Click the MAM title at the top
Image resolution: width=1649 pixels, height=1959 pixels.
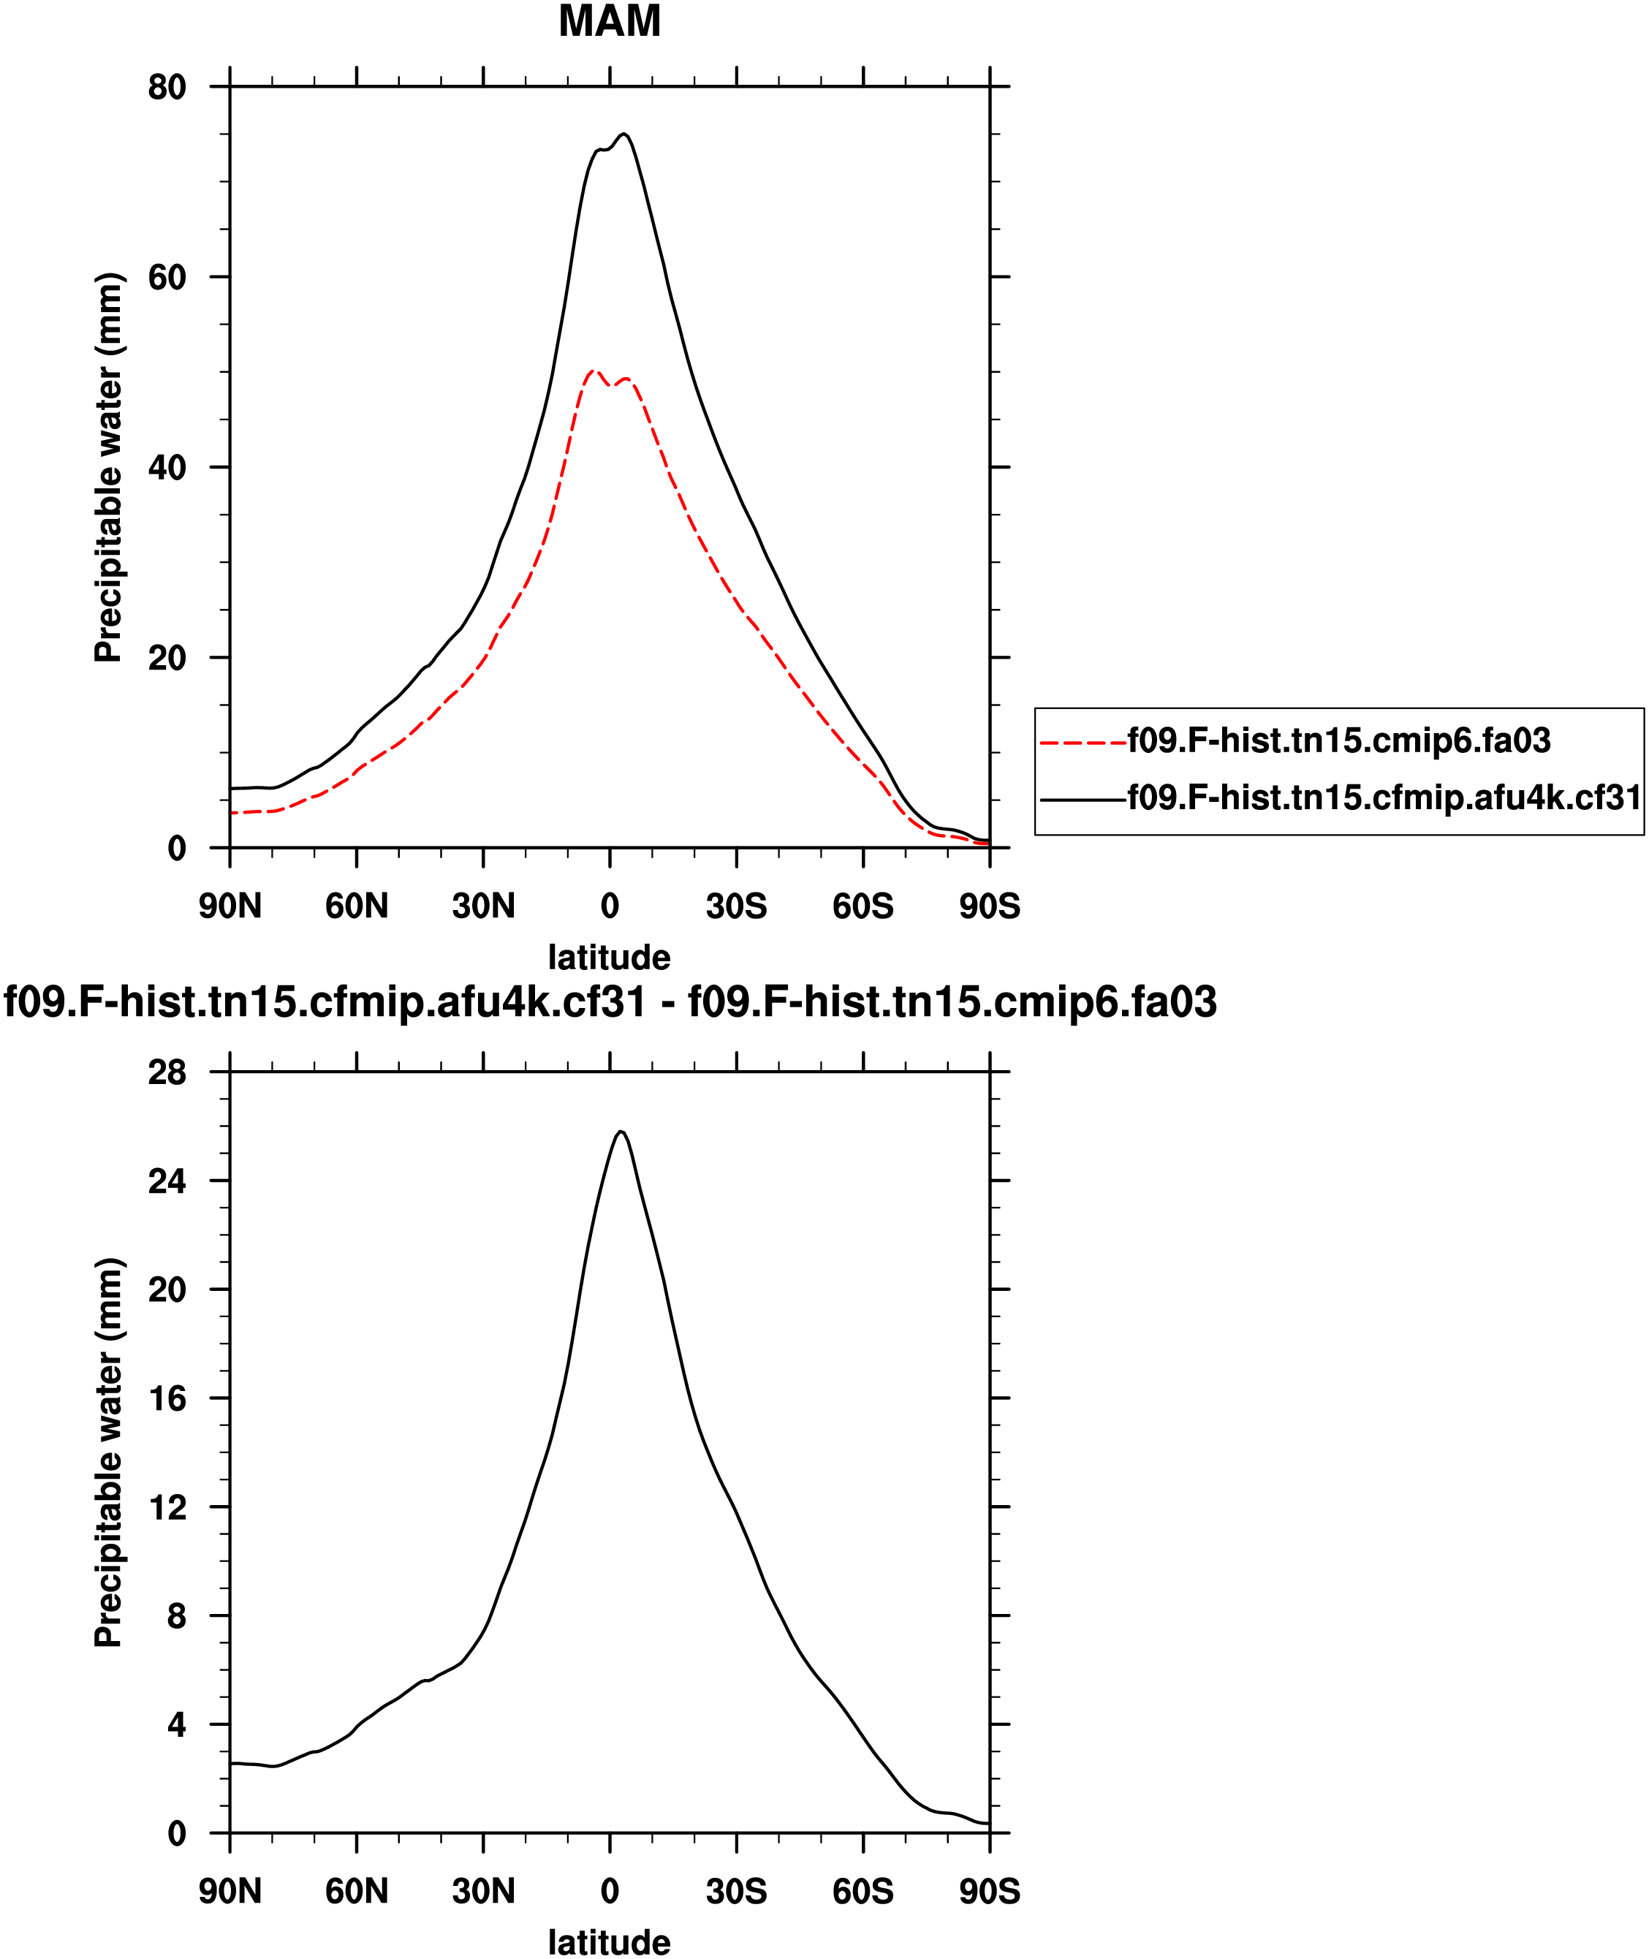[610, 21]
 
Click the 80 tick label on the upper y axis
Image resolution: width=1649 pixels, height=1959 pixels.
[167, 87]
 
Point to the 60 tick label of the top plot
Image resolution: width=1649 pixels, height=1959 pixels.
[167, 278]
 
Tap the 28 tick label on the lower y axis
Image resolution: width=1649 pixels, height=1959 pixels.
[167, 1073]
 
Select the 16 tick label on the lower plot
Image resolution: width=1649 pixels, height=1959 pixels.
[167, 1399]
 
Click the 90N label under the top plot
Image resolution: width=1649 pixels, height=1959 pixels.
[230, 906]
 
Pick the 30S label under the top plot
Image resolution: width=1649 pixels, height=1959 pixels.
[737, 906]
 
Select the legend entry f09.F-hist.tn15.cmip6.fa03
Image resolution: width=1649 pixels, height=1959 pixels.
[1338, 741]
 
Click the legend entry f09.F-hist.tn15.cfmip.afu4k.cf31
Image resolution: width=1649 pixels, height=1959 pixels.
[1384, 797]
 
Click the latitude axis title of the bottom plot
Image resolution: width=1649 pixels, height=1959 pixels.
[610, 1942]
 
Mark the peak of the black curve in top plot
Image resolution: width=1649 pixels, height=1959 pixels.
[624, 134]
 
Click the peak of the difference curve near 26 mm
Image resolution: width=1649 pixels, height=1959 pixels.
[620, 1132]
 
